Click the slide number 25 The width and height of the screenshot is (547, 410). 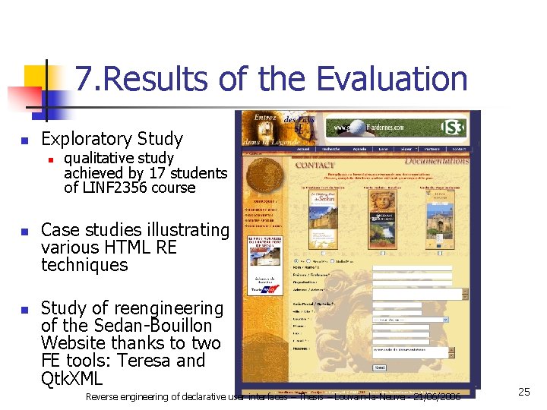523,392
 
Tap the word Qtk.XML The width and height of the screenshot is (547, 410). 72,378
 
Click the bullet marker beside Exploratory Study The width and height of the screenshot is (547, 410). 24,140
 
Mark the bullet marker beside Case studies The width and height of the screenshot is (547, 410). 24,231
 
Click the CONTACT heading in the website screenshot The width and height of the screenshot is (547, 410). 315,165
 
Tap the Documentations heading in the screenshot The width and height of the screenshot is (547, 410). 436,161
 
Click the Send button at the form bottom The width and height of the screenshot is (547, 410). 380,368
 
